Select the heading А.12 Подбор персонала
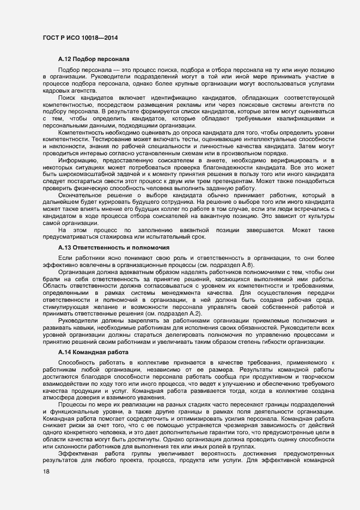(93, 58)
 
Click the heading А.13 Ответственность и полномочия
(113, 247)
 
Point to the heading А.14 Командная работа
(95, 353)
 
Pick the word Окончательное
(83, 195)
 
